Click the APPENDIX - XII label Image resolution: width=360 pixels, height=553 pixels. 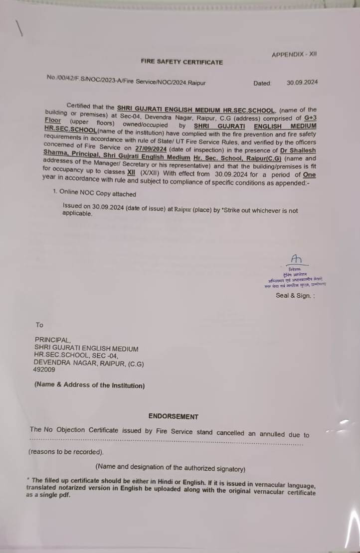point(294,54)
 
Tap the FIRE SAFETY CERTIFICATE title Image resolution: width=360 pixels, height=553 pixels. point(181,62)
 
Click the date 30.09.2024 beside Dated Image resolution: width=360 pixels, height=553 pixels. point(302,83)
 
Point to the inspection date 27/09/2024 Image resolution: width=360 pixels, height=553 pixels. point(151,149)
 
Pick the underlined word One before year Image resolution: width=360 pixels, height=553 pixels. point(309,175)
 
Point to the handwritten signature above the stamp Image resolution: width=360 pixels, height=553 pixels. point(297,259)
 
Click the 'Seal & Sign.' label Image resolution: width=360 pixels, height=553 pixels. point(295,295)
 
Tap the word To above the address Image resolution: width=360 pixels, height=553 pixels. point(39,325)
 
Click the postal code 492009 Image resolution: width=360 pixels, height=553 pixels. point(45,370)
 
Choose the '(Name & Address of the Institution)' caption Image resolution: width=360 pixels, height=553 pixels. point(89,385)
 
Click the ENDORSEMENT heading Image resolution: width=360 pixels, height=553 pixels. point(173,416)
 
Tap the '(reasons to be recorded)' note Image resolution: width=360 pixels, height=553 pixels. point(66,452)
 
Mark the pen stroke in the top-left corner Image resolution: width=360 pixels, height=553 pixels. point(20,29)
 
